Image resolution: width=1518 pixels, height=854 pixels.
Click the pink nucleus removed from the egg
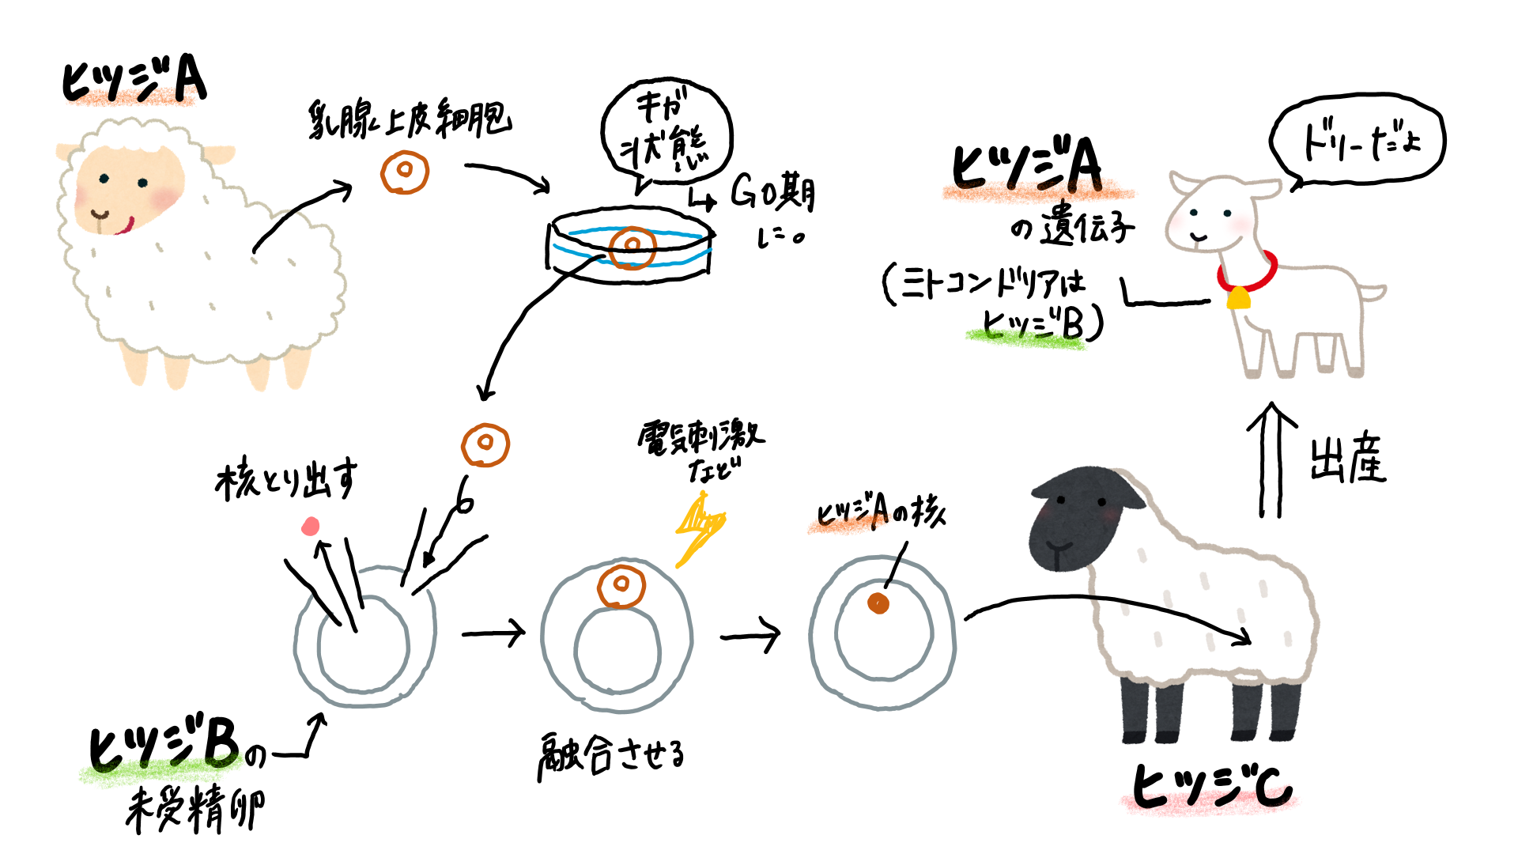(x=311, y=526)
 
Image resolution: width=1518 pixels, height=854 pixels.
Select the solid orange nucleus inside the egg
(x=878, y=603)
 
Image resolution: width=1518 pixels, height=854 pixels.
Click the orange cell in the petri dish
(x=632, y=246)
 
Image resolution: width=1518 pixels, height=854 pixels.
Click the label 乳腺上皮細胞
(x=410, y=120)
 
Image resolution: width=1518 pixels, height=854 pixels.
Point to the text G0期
(x=772, y=192)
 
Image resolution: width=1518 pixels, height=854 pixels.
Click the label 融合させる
(x=611, y=755)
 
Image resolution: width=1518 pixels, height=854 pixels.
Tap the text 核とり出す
(x=285, y=479)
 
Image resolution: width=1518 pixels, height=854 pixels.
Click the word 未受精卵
(x=195, y=809)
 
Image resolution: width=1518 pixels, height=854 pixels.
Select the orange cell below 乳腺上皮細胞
(x=404, y=172)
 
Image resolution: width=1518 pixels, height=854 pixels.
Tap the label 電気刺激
(x=700, y=436)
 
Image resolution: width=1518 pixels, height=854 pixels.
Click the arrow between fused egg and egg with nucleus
(x=750, y=634)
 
